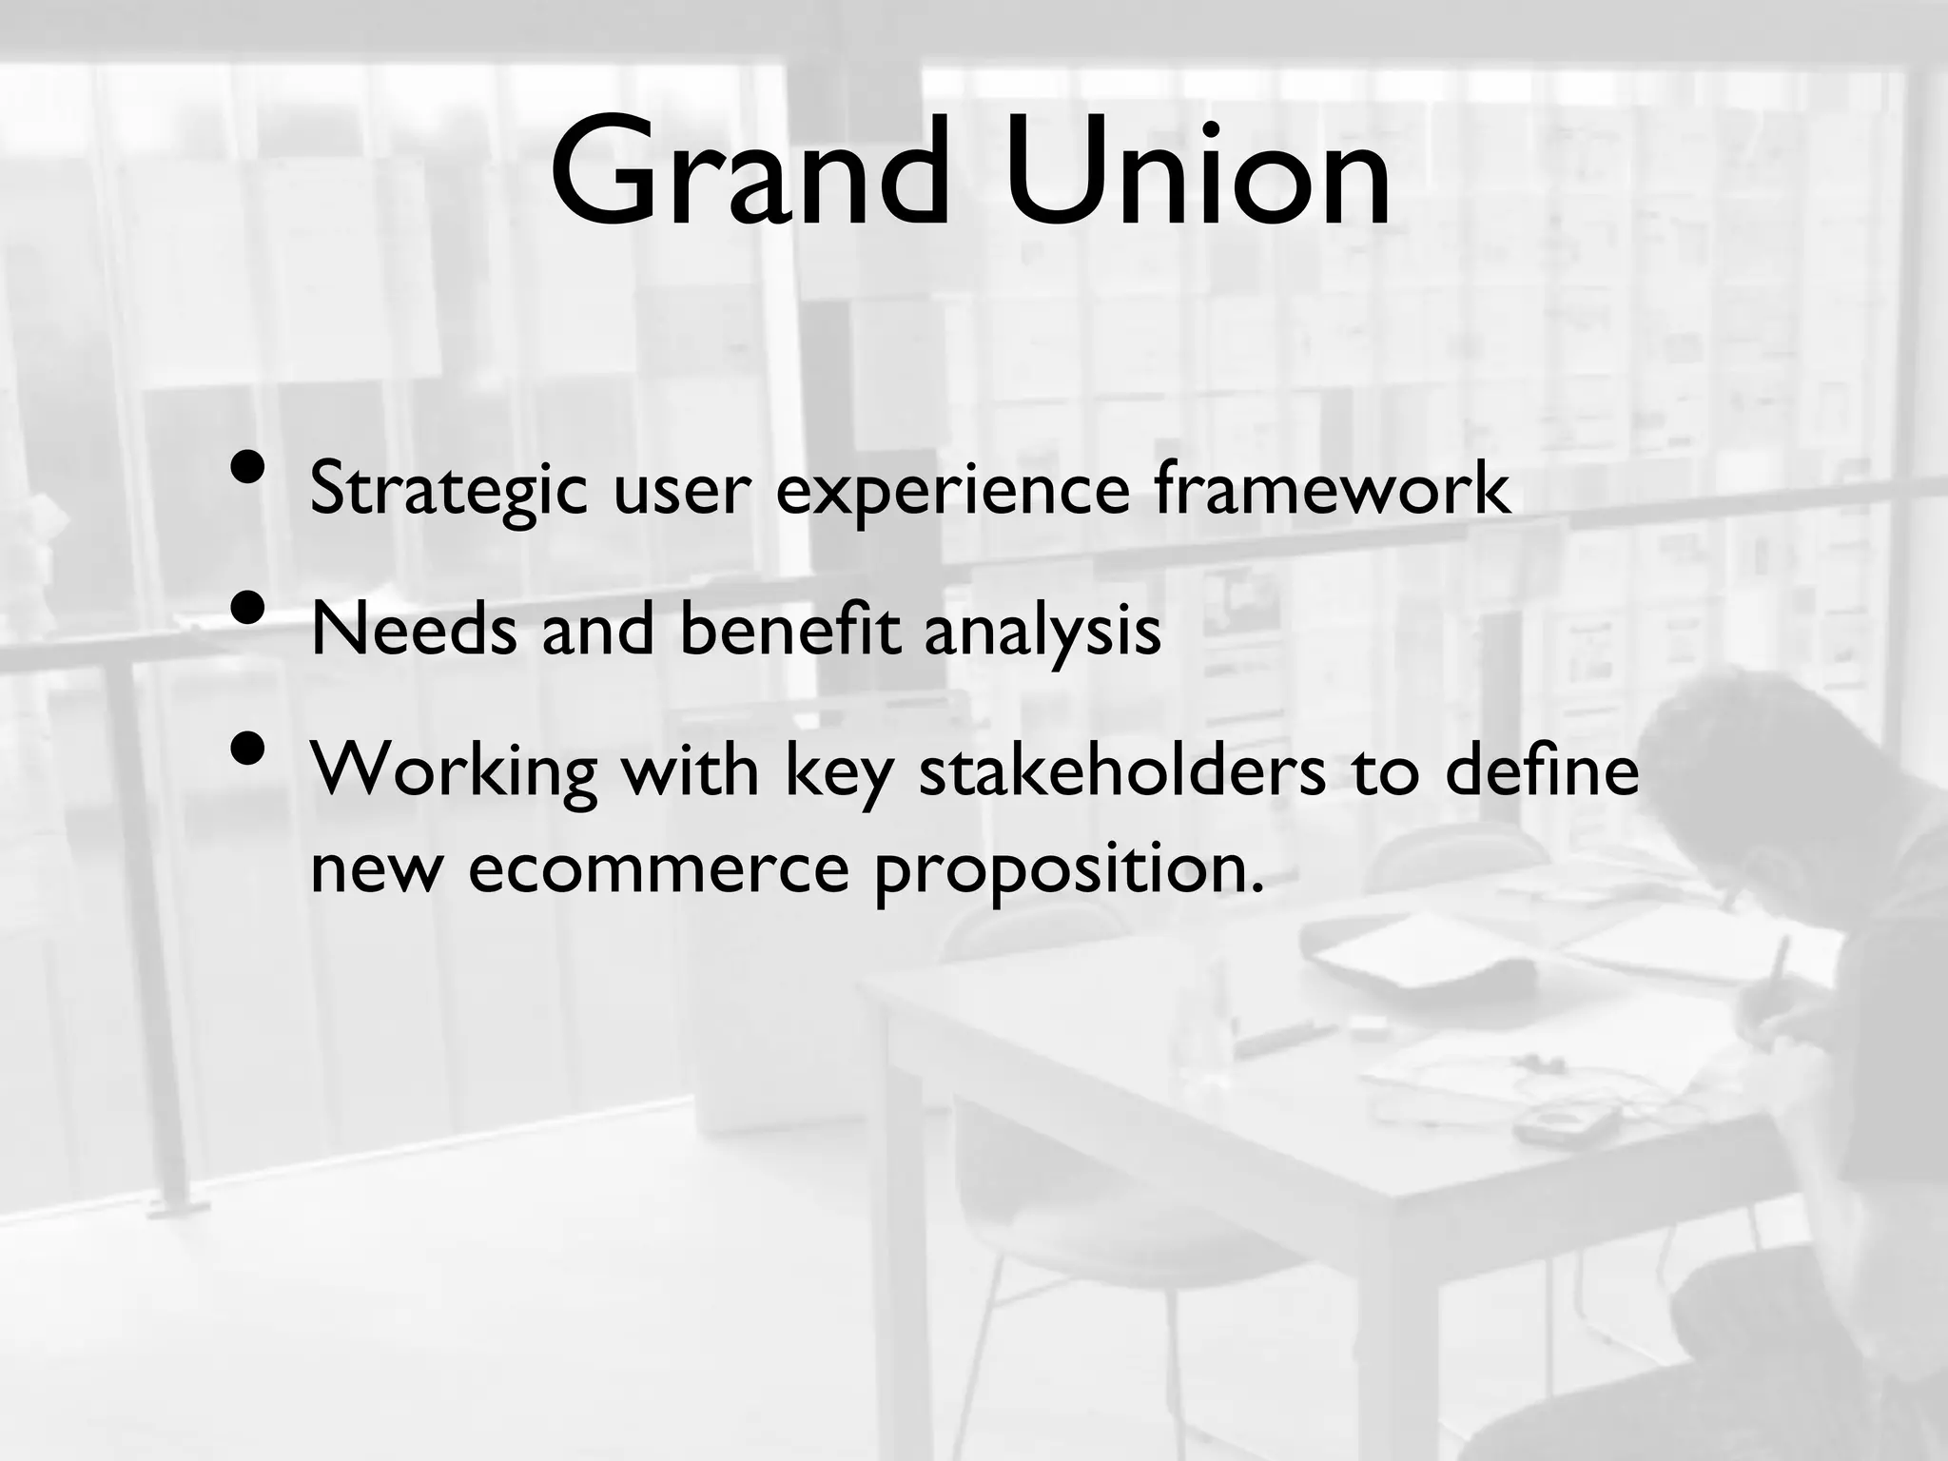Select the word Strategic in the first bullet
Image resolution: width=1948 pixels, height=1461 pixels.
tap(448, 490)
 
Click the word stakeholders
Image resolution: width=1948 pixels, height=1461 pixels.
tap(1122, 769)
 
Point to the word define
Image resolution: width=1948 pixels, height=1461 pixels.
tap(1542, 769)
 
